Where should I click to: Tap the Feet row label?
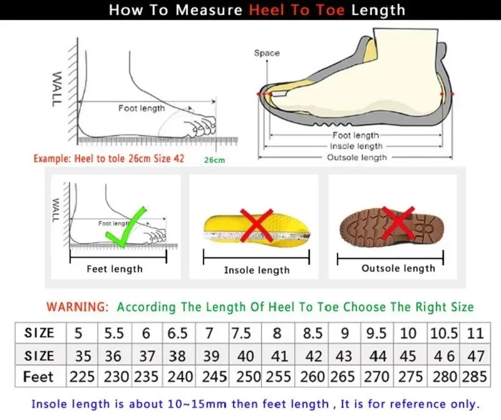coord(38,377)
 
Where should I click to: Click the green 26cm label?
coord(214,160)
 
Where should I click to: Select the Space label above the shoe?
coord(267,53)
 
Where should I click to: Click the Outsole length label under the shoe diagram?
coord(357,158)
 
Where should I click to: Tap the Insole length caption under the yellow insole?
coord(257,270)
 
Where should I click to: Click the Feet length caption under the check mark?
coord(115,269)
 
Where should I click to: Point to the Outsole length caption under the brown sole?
coord(398,269)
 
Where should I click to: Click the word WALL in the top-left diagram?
coord(56,88)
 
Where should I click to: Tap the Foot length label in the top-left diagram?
coord(142,108)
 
